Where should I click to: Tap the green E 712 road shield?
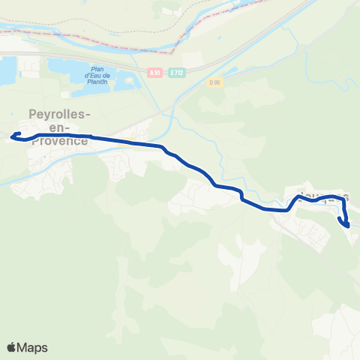coord(177,72)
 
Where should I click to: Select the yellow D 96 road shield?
coord(216,82)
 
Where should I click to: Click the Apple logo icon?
coord(12,347)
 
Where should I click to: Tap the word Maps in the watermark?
coord(33,347)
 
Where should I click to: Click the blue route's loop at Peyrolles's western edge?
coord(16,137)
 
